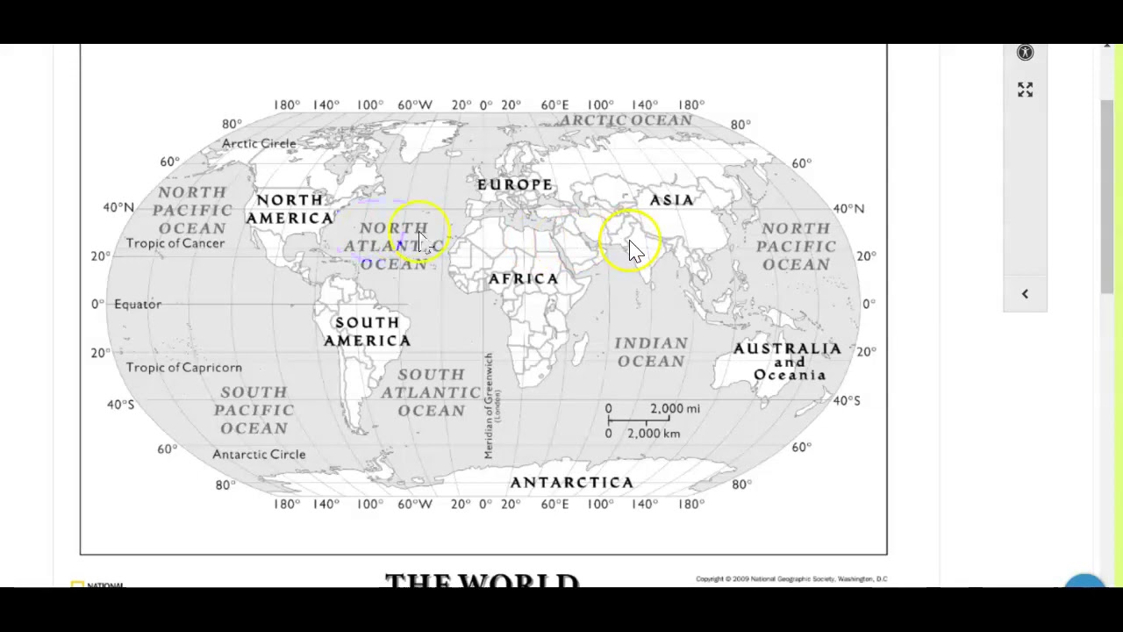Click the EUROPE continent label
click(515, 185)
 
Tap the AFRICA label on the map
click(523, 279)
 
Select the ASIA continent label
click(671, 200)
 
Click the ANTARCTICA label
click(571, 483)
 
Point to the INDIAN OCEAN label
click(651, 352)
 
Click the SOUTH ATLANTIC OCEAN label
click(431, 392)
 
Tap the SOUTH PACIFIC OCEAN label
click(254, 410)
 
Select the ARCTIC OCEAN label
click(626, 120)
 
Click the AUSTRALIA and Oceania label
click(788, 362)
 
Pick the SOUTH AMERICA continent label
click(367, 332)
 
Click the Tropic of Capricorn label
click(183, 368)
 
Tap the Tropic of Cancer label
click(175, 243)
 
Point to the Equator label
click(138, 305)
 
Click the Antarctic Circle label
click(259, 455)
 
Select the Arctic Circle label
click(259, 144)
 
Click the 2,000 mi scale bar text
click(675, 409)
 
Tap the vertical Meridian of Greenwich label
click(490, 406)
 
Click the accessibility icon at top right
click(1025, 53)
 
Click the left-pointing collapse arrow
click(1025, 294)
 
